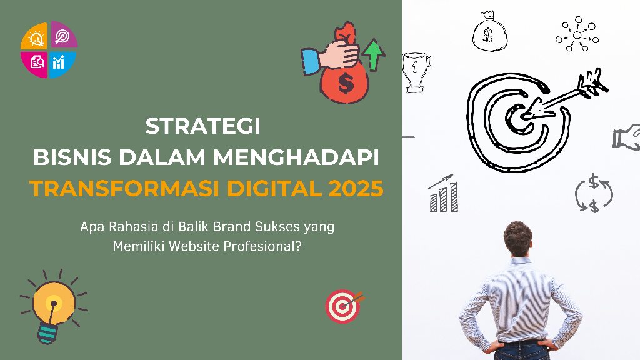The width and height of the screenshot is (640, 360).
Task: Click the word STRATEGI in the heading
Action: (203, 126)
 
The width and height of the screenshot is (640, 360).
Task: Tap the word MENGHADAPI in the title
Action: (296, 157)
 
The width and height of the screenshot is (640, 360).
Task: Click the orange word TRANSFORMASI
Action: (124, 189)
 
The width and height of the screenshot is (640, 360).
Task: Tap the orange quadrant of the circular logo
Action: (34, 36)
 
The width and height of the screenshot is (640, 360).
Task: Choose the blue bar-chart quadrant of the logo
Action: (62, 64)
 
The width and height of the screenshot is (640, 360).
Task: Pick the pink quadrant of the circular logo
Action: (35, 64)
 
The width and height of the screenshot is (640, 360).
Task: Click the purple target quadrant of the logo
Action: (64, 35)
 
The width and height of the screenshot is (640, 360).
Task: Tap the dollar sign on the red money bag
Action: (346, 83)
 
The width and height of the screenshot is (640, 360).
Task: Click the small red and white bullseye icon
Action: (344, 306)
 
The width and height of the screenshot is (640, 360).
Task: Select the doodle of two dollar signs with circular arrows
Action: (594, 193)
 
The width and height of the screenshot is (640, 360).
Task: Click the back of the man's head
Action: (518, 239)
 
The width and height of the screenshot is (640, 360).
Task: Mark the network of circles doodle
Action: (577, 34)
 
